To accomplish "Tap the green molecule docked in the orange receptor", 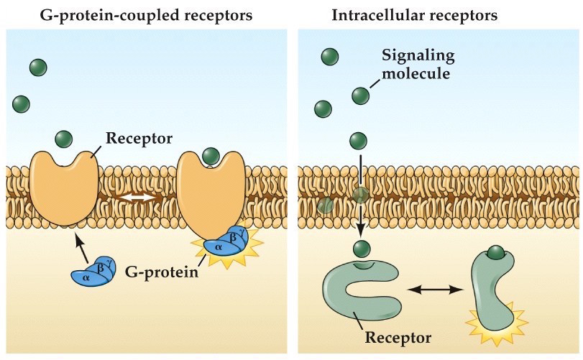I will pos(211,155).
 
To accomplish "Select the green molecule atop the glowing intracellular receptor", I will pos(495,253).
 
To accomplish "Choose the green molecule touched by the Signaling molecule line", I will pos(361,95).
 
